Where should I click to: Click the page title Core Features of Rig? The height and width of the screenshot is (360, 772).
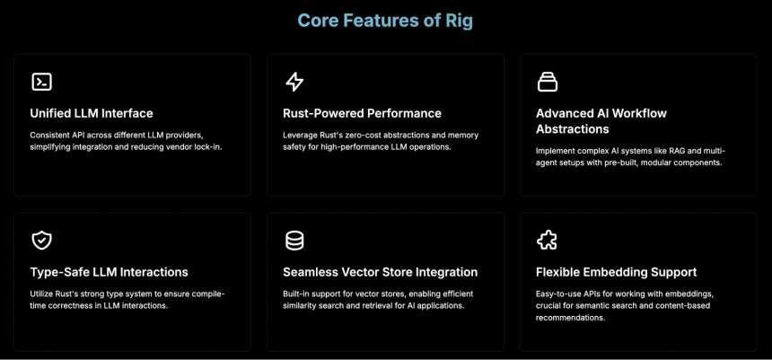(385, 21)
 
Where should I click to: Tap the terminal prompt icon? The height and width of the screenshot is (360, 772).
(42, 82)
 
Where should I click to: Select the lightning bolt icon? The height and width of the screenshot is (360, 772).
(294, 82)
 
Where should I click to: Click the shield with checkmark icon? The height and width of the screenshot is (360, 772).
(42, 241)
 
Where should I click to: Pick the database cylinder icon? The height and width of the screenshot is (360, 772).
(294, 241)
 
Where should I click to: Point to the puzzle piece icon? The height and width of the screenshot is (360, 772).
(547, 241)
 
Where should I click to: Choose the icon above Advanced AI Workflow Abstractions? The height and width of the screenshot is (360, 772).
(547, 82)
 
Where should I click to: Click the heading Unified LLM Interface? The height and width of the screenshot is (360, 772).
(92, 113)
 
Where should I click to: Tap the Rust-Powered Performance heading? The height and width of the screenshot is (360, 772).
(362, 113)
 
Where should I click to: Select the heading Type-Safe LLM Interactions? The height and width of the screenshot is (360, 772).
(109, 272)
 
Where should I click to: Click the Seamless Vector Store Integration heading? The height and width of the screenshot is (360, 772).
(380, 272)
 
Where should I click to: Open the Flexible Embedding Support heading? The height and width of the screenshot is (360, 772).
(616, 272)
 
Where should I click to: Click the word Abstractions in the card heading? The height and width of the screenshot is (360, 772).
(572, 129)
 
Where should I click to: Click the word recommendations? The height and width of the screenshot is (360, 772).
(570, 318)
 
